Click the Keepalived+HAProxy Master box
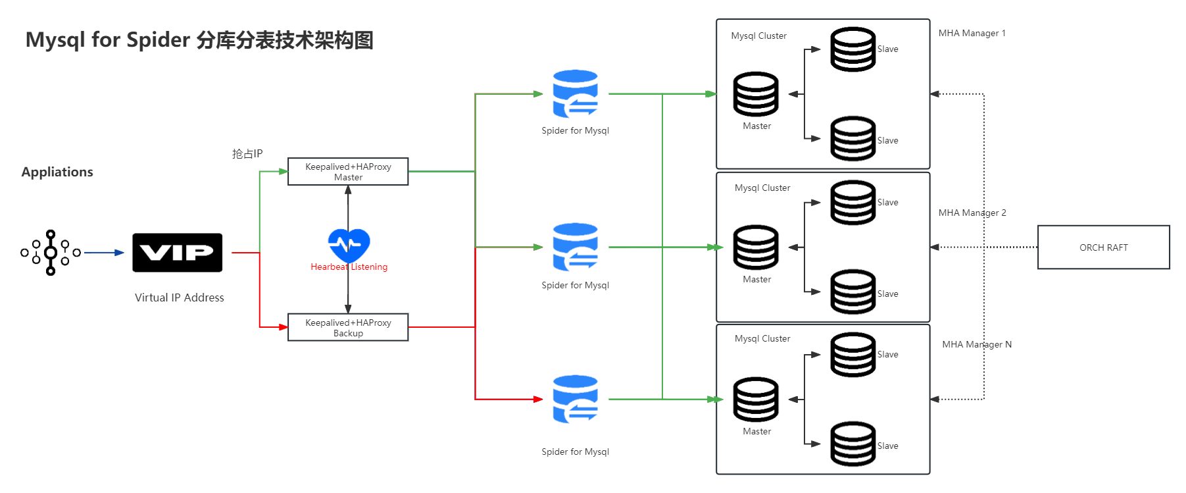pyautogui.click(x=348, y=172)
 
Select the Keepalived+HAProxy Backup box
pyautogui.click(x=348, y=327)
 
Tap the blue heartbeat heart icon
pyautogui.click(x=349, y=244)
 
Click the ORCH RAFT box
pyautogui.click(x=1103, y=247)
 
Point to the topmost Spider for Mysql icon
pyautogui.click(x=575, y=93)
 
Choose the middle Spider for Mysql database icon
pyautogui.click(x=575, y=247)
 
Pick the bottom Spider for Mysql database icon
pyautogui.click(x=575, y=399)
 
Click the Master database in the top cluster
pyautogui.click(x=756, y=94)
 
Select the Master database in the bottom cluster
pyautogui.click(x=756, y=400)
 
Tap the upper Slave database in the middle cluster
pyautogui.click(x=852, y=203)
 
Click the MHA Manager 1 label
pyautogui.click(x=972, y=33)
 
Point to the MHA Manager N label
pyautogui.click(x=977, y=344)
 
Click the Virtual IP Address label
pyautogui.click(x=180, y=298)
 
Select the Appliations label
pyautogui.click(x=57, y=172)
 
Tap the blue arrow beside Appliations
pyautogui.click(x=104, y=252)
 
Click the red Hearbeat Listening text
pyautogui.click(x=349, y=267)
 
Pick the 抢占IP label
pyautogui.click(x=247, y=153)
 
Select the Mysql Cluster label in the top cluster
pyautogui.click(x=758, y=36)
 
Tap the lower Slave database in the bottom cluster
pyautogui.click(x=852, y=444)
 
